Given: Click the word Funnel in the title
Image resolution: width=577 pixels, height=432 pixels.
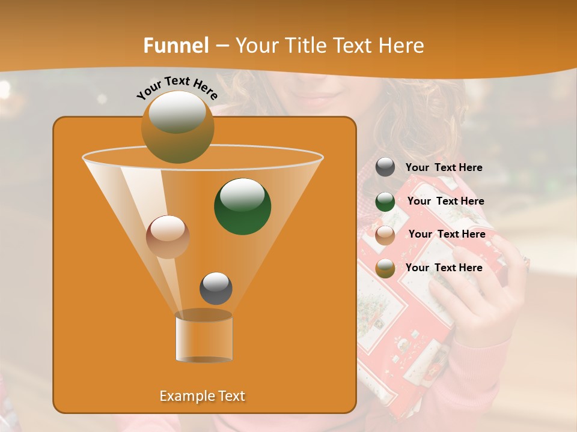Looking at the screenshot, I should tap(176, 46).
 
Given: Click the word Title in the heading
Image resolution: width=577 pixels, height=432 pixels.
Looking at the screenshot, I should tap(306, 46).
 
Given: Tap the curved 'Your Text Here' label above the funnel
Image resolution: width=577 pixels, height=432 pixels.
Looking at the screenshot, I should tap(177, 88).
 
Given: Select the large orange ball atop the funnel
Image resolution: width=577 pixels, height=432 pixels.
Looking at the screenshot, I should tap(177, 127).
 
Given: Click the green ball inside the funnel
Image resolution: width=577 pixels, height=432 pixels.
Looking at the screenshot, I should tap(242, 206).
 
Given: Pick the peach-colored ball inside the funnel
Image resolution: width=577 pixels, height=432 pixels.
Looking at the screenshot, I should tap(168, 236).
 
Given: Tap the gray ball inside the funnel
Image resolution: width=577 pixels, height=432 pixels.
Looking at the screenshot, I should tap(216, 288).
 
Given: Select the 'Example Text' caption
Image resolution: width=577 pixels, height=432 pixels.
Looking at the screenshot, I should tap(203, 396).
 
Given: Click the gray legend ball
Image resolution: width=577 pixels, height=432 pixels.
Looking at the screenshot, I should tap(385, 167).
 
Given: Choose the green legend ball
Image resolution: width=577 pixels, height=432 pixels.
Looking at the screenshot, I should tap(385, 202).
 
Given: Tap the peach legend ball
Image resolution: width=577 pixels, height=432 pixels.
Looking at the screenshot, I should tap(385, 235).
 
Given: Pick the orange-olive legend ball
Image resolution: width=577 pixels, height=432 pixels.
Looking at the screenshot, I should tap(385, 268).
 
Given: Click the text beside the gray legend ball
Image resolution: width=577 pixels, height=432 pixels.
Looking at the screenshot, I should tap(444, 168).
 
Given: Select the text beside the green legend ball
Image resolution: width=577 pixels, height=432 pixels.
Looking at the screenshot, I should tap(445, 202).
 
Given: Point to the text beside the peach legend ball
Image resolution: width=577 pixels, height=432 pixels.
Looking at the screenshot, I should tap(447, 235).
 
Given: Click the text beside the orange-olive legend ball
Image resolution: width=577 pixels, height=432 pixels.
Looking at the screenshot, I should tap(444, 268).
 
